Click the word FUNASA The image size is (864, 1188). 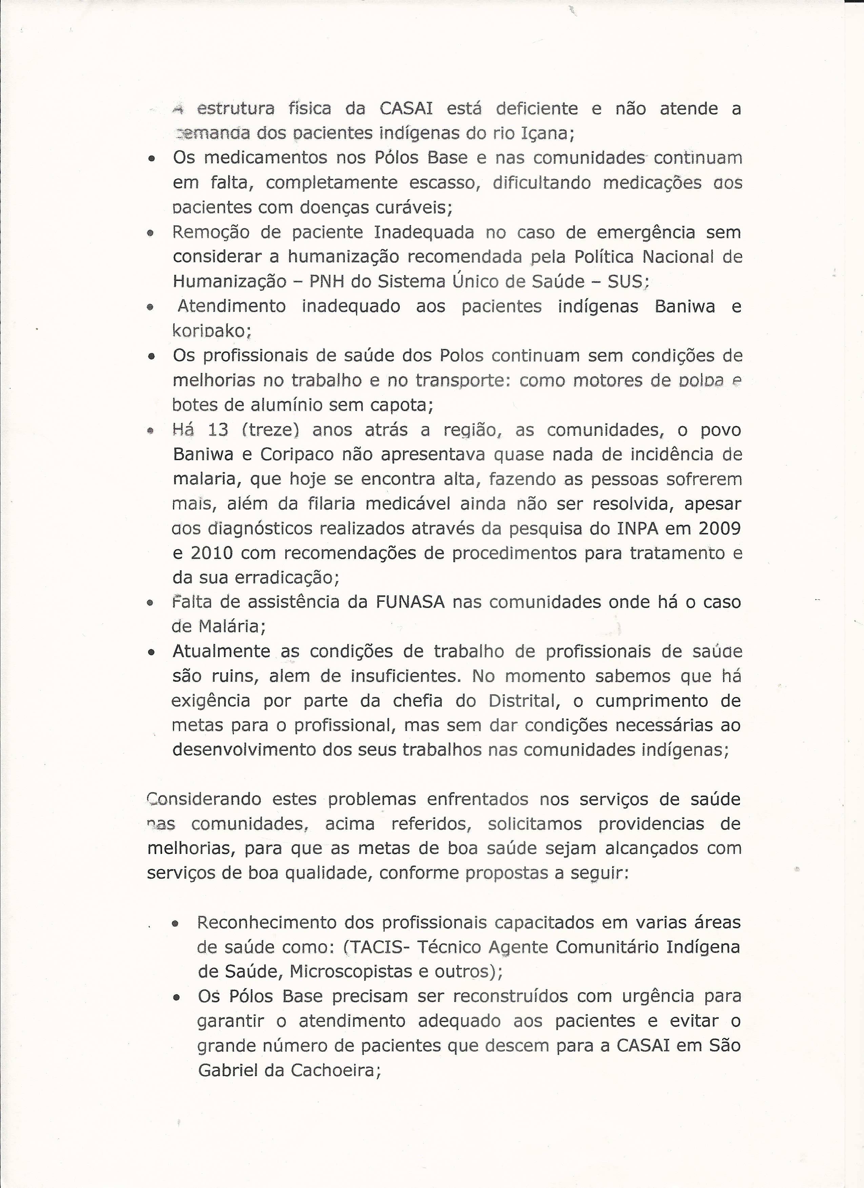410,602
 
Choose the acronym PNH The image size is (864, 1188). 327,282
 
